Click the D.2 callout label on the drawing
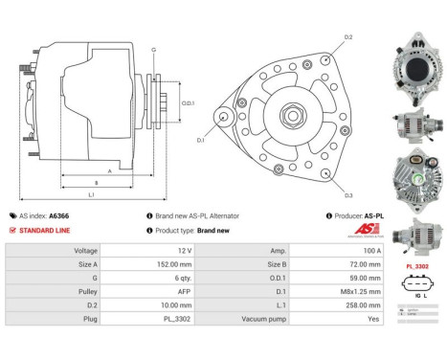348,37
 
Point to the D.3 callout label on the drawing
348,194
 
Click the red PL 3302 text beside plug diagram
415,265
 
